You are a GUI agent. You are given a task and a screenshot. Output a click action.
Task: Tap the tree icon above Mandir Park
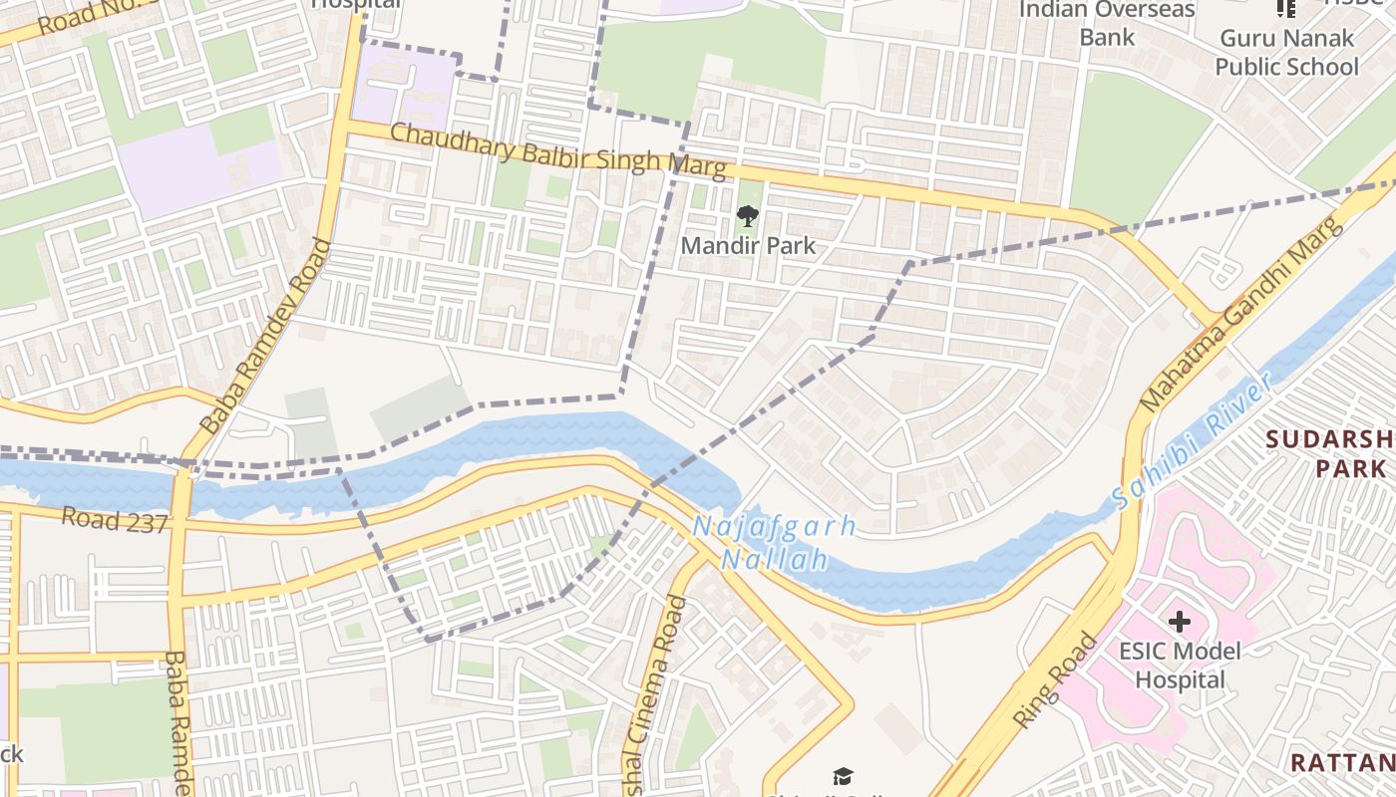(747, 216)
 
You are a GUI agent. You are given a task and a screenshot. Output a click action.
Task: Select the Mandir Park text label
(748, 245)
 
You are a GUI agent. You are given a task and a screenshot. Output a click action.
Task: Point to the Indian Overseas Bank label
(1107, 23)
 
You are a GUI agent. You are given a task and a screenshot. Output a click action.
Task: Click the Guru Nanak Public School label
(1287, 53)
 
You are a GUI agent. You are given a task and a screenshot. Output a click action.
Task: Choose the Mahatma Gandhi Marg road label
(1240, 315)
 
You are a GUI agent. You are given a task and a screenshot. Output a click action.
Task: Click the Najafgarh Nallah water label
(774, 543)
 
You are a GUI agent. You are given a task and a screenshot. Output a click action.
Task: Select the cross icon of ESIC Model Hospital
(1179, 623)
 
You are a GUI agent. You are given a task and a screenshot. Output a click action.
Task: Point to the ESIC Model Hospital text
(1180, 665)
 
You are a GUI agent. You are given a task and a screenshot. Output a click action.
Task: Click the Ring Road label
(1055, 679)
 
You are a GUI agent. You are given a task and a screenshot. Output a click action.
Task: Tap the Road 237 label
(115, 519)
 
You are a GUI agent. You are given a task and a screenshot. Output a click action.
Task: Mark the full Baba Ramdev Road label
(265, 336)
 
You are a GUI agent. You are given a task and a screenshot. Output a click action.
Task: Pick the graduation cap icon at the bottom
(844, 777)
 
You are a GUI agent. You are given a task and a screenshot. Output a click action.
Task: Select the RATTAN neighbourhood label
(1342, 763)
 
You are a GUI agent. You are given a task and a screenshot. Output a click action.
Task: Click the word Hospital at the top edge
(356, 4)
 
